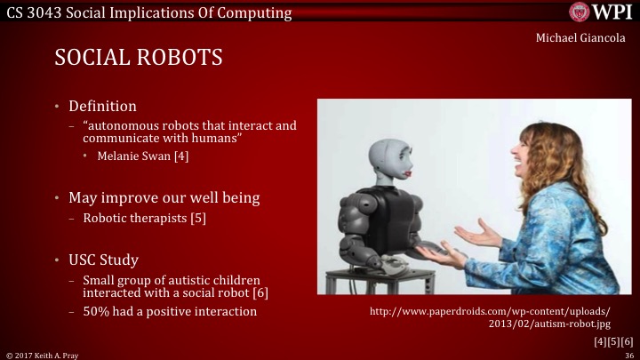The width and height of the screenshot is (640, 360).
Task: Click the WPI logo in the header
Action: pos(602,12)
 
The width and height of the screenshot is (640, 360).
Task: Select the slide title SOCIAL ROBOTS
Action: pos(138,58)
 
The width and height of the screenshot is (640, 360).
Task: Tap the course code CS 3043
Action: pos(30,11)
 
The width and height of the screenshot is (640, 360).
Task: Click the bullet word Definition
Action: pos(102,106)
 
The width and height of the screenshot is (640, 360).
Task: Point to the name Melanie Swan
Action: pos(133,156)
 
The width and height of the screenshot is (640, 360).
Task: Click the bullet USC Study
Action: pos(103,260)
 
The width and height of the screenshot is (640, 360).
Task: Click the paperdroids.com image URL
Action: pos(489,317)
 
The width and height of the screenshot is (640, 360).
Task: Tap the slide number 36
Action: pos(628,354)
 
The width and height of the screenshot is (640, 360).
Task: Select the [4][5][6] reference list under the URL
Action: pos(613,341)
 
